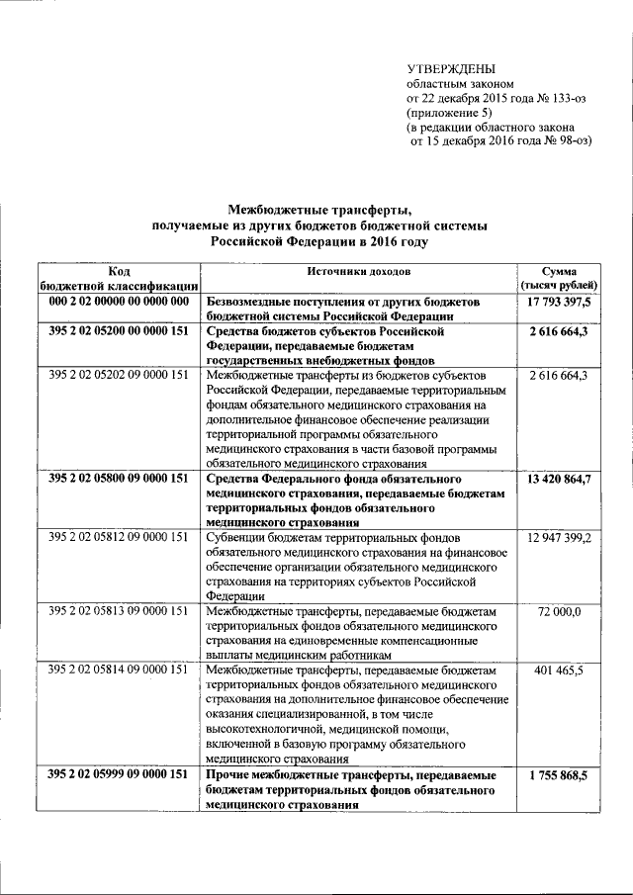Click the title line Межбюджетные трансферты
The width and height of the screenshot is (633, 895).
(318, 209)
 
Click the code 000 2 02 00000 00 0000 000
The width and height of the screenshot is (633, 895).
(118, 301)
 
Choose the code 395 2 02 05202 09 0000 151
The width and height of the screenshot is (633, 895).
(118, 375)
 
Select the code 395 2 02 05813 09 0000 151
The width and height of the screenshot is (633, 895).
(118, 612)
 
